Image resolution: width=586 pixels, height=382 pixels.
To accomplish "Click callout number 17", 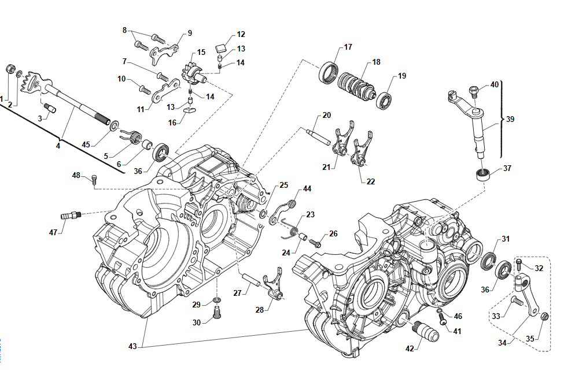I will click(348, 47).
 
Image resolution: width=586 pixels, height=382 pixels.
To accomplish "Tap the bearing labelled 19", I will click(385, 100).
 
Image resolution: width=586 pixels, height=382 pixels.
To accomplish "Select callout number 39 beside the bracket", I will click(510, 120).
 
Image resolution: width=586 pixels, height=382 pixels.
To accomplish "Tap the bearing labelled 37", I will click(483, 173).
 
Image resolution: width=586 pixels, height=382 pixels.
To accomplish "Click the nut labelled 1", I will click(9, 70).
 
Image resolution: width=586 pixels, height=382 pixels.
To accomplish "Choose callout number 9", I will click(190, 34).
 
